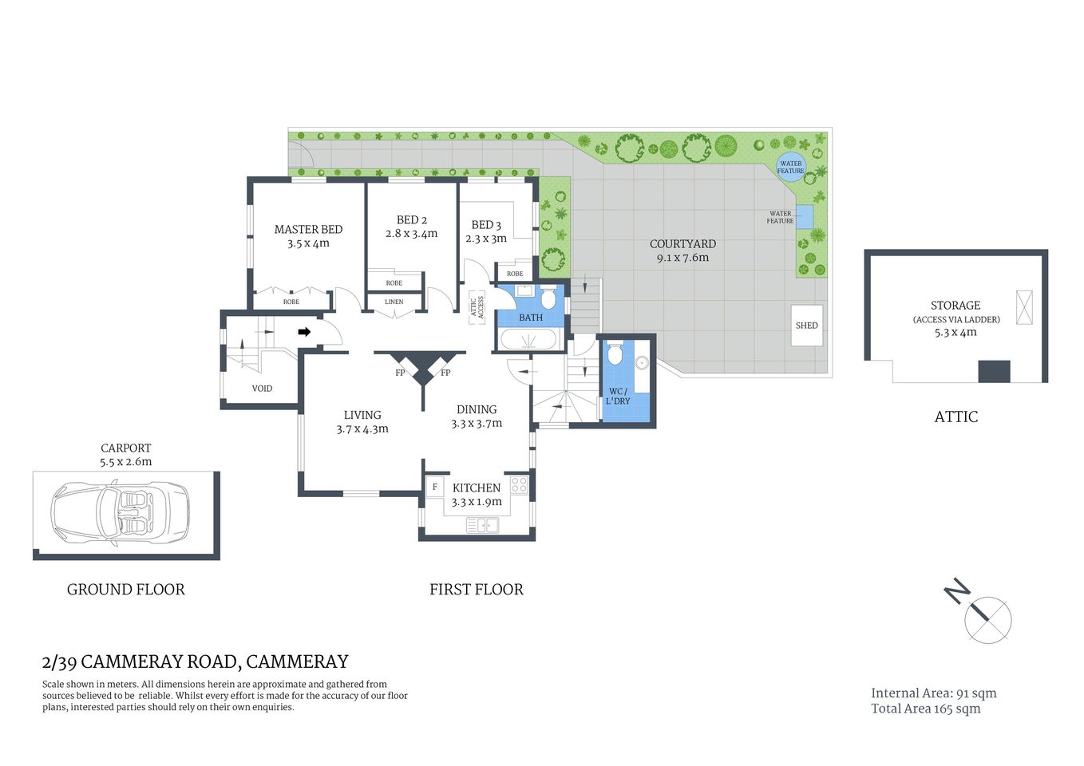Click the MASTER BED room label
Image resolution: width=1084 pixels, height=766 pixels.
(308, 230)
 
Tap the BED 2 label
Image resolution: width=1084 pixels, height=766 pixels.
(412, 220)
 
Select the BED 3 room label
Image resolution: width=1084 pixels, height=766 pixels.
(486, 225)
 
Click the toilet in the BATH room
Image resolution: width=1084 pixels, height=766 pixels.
(548, 298)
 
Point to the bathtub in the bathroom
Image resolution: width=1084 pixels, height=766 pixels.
(528, 340)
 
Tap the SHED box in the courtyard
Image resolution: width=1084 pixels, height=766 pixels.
(806, 326)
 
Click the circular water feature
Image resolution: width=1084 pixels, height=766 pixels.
(791, 167)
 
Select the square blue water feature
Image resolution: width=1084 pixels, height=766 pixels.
(804, 216)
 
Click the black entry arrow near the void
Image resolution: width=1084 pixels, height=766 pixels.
(304, 332)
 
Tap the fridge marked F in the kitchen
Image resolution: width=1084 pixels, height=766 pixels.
(435, 487)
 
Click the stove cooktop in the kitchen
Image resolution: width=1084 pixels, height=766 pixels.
(519, 485)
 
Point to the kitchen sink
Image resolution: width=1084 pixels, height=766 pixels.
(482, 524)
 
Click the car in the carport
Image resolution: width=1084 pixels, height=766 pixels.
(120, 515)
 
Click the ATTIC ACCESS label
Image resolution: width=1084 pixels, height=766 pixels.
(477, 308)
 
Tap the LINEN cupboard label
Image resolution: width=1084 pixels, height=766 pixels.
(394, 302)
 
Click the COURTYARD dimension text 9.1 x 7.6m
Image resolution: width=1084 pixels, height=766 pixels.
(682, 258)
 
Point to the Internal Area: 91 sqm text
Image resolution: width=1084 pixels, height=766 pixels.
(933, 693)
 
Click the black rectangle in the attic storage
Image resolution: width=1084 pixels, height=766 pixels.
(994, 371)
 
